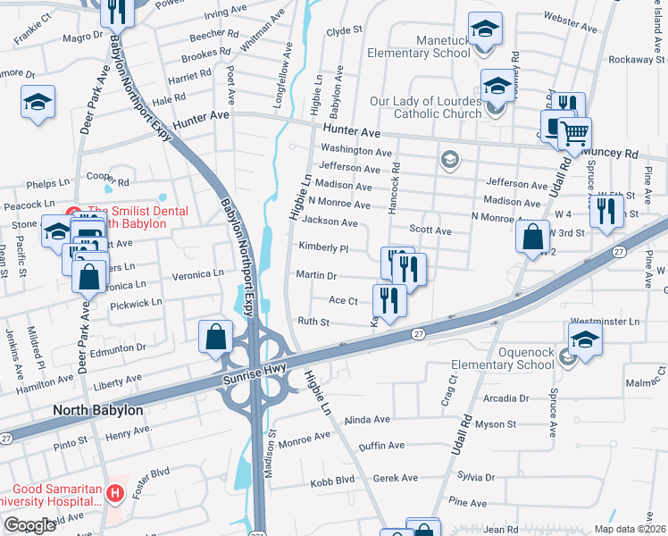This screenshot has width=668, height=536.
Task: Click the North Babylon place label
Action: click(x=97, y=410)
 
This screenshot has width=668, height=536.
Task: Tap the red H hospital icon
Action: click(x=113, y=492)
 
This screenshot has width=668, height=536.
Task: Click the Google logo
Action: click(x=29, y=525)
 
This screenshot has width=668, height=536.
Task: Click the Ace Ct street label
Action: click(x=343, y=301)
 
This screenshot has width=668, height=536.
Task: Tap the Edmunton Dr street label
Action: click(x=135, y=348)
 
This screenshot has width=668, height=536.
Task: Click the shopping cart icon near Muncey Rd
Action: click(x=574, y=134)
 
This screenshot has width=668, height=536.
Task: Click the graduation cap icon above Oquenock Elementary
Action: click(x=585, y=339)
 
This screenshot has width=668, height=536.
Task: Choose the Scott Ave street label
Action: click(x=430, y=230)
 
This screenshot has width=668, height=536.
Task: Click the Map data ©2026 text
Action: click(x=630, y=529)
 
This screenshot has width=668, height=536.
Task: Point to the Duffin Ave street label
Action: click(x=381, y=446)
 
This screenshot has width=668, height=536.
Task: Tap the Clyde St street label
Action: click(x=344, y=30)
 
